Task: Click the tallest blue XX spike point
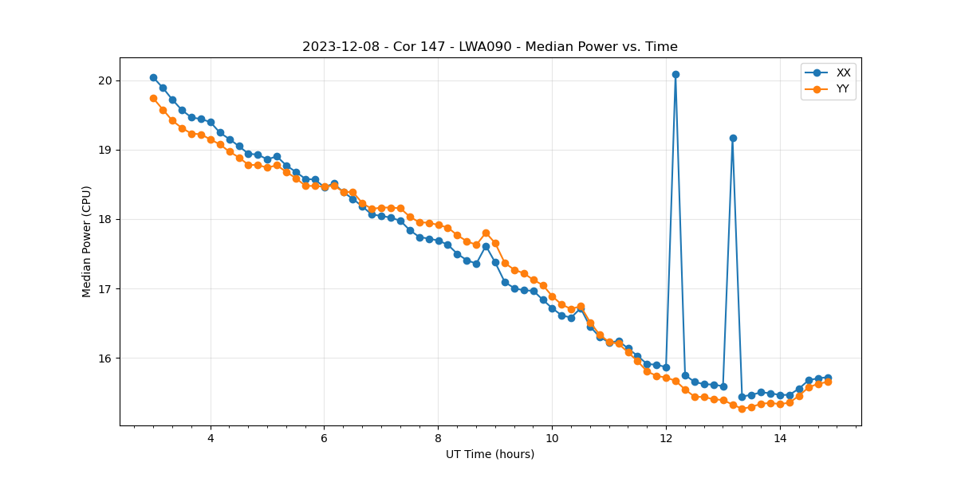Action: [675, 74]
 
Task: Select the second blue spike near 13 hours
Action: [733, 138]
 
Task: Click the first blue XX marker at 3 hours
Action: [153, 77]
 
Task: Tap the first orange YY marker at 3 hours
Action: [153, 98]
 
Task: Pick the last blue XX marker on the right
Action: [828, 378]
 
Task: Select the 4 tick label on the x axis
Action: [211, 438]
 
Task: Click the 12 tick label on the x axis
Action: [666, 438]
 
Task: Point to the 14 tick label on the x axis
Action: [780, 438]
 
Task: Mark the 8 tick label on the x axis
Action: [438, 438]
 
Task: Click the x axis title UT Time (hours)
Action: [490, 454]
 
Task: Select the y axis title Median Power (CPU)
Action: [87, 241]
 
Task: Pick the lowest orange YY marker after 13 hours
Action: [742, 409]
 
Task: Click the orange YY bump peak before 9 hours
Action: [486, 233]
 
